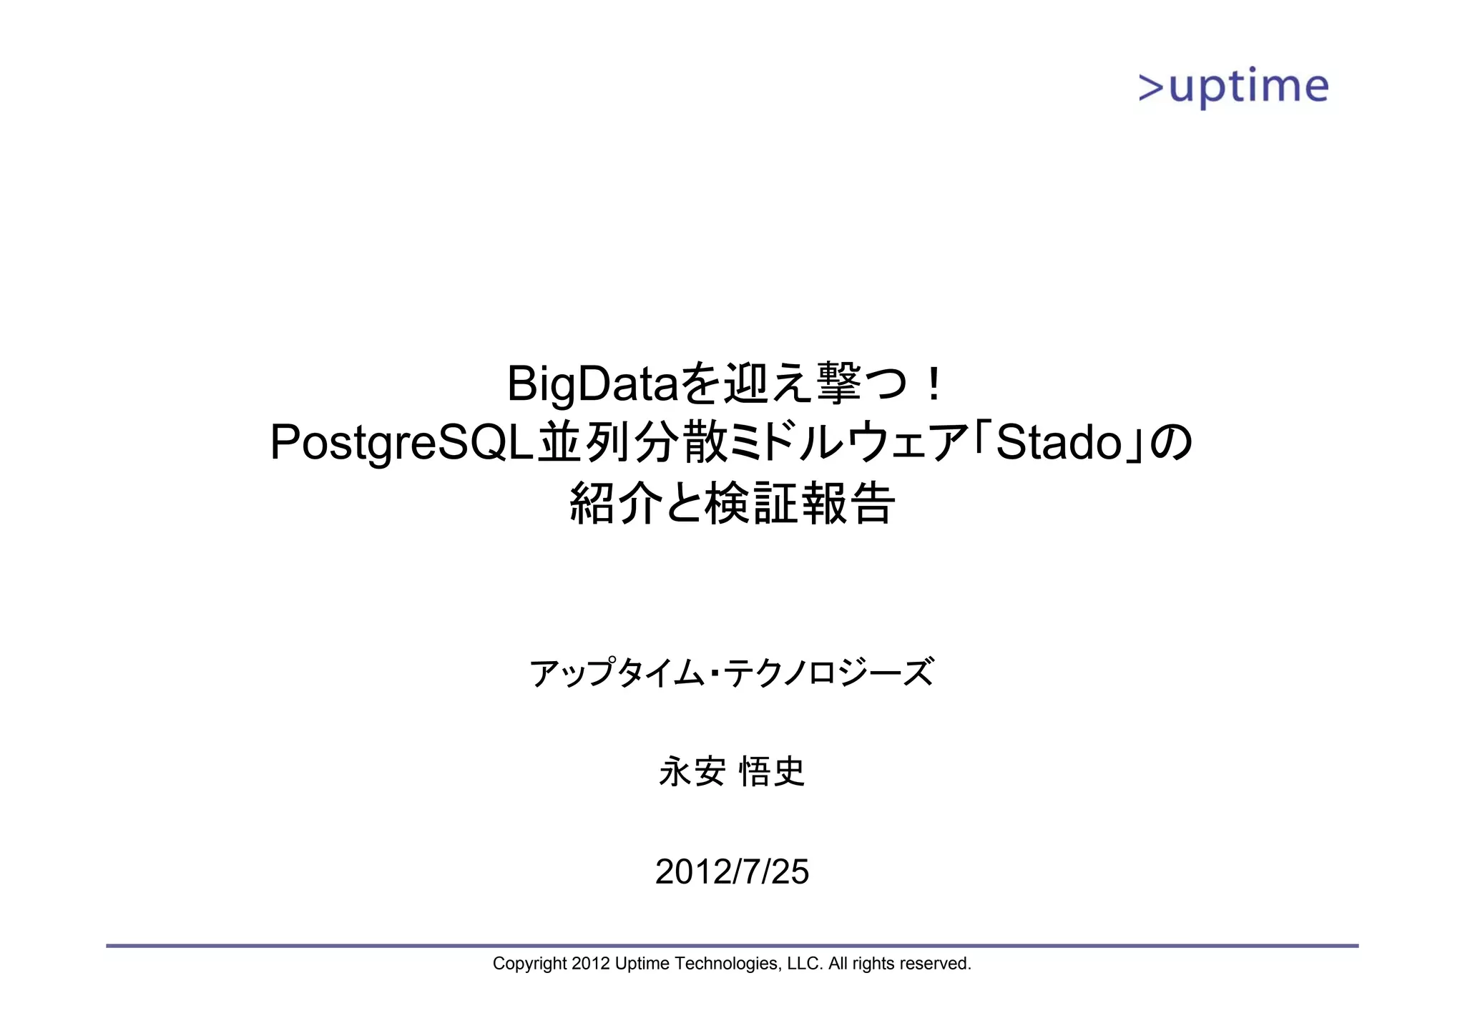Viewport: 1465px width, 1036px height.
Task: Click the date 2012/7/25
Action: pyautogui.click(x=732, y=872)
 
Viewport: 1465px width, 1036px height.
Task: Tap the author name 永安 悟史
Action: pyautogui.click(x=732, y=772)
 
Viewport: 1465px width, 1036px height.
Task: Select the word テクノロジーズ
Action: pyautogui.click(x=828, y=673)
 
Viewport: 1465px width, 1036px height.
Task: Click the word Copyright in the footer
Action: pyautogui.click(x=529, y=964)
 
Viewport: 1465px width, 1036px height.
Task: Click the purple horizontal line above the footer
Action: pyautogui.click(x=732, y=946)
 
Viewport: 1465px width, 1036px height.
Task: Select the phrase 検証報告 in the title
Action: pyautogui.click(x=800, y=504)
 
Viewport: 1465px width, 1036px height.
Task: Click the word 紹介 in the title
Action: pyautogui.click(x=614, y=504)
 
